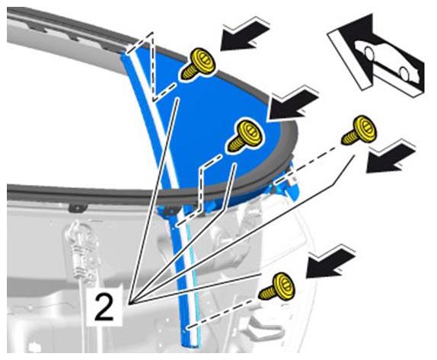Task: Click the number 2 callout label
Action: pyautogui.click(x=105, y=307)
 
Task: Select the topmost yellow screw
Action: pyautogui.click(x=199, y=65)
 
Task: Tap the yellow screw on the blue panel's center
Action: pyautogui.click(x=244, y=136)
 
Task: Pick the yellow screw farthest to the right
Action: pyautogui.click(x=359, y=130)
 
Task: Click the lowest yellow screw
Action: pyautogui.click(x=277, y=287)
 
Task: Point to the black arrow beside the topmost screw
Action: pyautogui.click(x=244, y=36)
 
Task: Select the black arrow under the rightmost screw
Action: pyautogui.click(x=390, y=158)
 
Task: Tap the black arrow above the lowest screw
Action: pyautogui.click(x=330, y=263)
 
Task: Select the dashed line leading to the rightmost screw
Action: pyautogui.click(x=308, y=164)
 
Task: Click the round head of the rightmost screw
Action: pyautogui.click(x=365, y=127)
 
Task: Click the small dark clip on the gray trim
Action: pyautogui.click(x=78, y=208)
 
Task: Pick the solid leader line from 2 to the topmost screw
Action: pyautogui.click(x=154, y=200)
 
